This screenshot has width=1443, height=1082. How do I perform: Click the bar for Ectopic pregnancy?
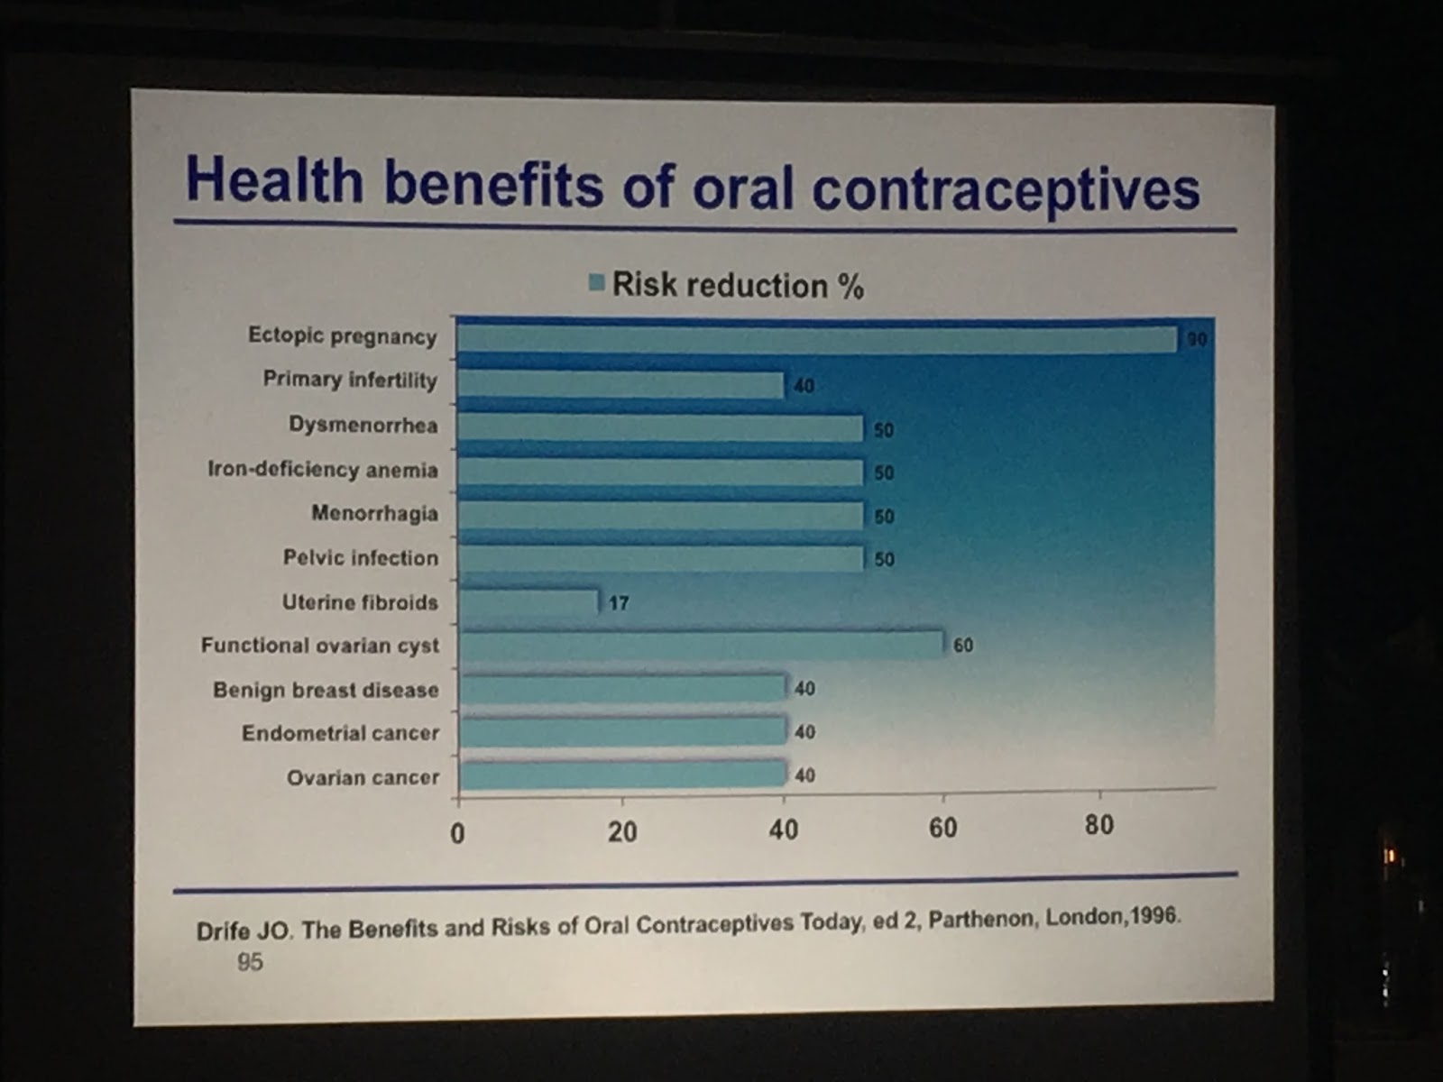[x=816, y=339]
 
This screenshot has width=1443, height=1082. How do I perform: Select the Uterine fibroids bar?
[x=528, y=601]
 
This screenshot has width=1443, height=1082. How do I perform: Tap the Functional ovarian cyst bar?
[x=700, y=645]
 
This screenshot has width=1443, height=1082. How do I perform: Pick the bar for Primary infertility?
[x=620, y=384]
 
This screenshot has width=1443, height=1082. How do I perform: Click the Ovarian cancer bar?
[x=622, y=775]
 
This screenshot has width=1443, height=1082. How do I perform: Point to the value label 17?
[x=619, y=602]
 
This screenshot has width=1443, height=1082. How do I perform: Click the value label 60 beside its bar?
[x=963, y=646]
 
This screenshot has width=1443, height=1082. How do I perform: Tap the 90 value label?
[x=1197, y=340]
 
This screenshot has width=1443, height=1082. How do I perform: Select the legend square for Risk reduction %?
[x=596, y=282]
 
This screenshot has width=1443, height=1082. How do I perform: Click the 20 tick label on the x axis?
[x=622, y=831]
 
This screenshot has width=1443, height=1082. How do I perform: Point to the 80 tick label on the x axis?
[x=1098, y=825]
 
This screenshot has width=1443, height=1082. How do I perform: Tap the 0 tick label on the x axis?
[x=457, y=833]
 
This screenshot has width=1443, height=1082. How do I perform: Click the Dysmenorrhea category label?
[x=363, y=425]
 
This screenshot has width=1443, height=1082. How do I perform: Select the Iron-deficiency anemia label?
[x=322, y=470]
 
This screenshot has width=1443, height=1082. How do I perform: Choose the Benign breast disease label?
[x=326, y=690]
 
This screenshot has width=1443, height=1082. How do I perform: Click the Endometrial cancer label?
[x=340, y=733]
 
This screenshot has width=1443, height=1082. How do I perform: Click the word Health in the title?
[x=274, y=179]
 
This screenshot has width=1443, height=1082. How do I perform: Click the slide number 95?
[x=250, y=962]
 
